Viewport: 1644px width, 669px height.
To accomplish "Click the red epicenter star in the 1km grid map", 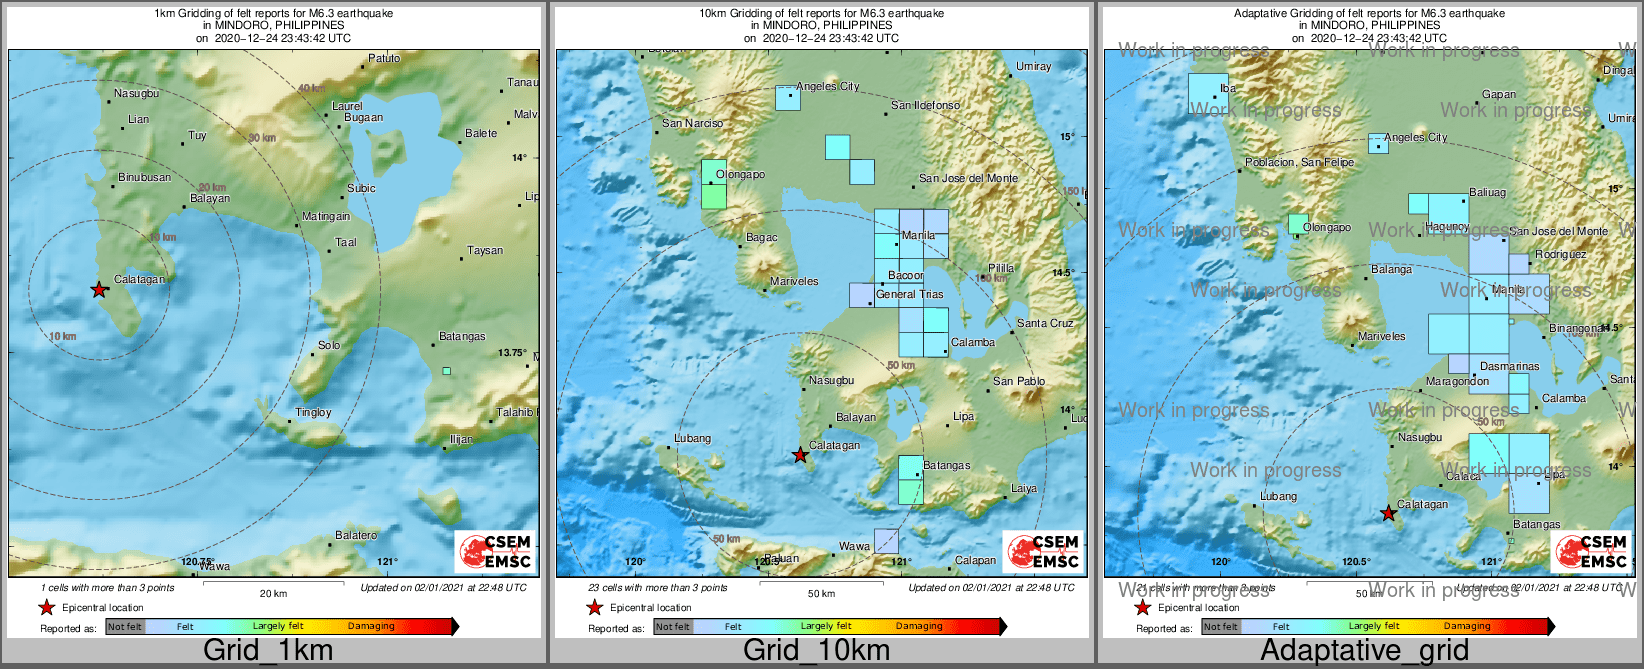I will [99, 290].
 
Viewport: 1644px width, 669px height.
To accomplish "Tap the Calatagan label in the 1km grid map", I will [140, 280].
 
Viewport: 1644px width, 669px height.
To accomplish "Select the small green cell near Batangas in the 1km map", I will [447, 371].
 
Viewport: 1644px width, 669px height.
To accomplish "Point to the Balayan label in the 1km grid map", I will [210, 198].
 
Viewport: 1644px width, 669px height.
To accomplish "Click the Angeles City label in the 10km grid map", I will [828, 87].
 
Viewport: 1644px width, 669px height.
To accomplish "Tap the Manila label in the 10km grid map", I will [918, 236].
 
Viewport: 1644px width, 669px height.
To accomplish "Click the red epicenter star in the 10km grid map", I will [800, 456].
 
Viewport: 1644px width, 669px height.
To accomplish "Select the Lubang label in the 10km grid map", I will [692, 439].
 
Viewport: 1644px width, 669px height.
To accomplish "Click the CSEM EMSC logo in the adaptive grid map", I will [1591, 551].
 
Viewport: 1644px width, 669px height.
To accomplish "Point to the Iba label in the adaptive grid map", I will [1228, 89].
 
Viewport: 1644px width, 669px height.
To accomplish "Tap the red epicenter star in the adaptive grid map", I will [1388, 514].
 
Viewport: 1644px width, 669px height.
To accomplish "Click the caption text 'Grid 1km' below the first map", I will [268, 650].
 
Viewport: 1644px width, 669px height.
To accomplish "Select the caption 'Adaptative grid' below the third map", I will [1364, 650].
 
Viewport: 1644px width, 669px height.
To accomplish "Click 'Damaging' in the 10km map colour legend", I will [919, 626].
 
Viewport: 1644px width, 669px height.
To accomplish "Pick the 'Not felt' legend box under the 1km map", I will [125, 627].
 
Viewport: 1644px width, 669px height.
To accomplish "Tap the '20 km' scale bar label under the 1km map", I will [273, 594].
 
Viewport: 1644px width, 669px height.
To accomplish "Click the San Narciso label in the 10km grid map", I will [692, 124].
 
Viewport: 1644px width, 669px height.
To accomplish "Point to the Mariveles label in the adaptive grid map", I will [1381, 337].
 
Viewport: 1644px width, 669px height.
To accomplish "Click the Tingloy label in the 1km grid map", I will [313, 413].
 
